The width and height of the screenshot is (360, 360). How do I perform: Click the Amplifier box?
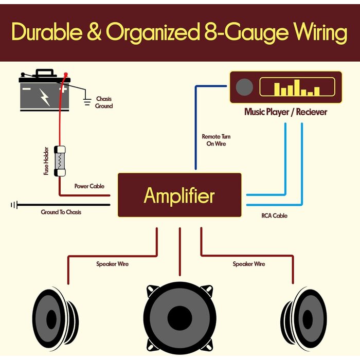[179, 195]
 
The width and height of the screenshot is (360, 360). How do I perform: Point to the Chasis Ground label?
[103, 102]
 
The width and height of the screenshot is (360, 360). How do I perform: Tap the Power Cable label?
[89, 186]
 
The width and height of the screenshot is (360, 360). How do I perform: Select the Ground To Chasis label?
[61, 212]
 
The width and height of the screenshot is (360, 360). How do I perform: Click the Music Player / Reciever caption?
[285, 112]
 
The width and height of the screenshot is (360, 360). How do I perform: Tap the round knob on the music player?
[244, 87]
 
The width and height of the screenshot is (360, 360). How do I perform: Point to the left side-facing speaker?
[56, 319]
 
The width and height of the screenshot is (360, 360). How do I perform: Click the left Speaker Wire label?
[112, 264]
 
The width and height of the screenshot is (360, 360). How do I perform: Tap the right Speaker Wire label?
[249, 264]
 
